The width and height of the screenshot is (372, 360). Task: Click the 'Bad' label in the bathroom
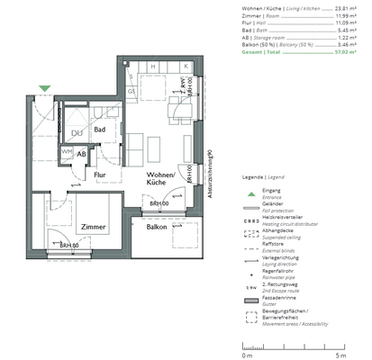(x=101, y=130)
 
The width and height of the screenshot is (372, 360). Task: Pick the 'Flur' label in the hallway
(x=101, y=175)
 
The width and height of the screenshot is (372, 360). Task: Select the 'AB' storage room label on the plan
(x=82, y=155)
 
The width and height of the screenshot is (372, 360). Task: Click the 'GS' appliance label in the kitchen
(x=130, y=92)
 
